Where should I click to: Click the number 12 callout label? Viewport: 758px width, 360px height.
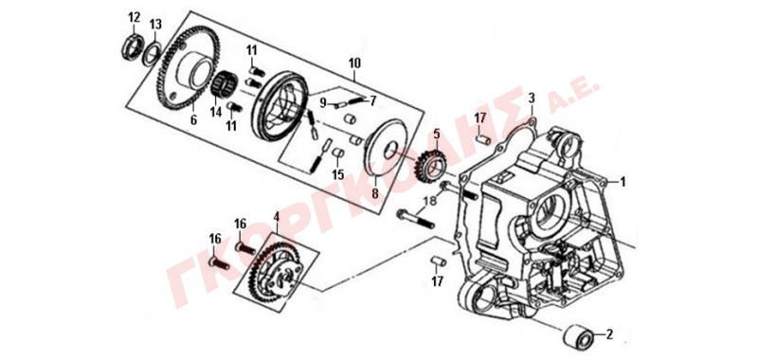pyautogui.click(x=134, y=18)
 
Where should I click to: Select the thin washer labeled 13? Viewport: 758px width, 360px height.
pyautogui.click(x=153, y=52)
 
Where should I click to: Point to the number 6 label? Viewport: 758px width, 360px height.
pyautogui.click(x=193, y=120)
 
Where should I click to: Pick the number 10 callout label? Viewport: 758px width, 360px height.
pyautogui.click(x=354, y=63)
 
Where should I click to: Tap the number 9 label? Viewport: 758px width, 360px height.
pyautogui.click(x=323, y=102)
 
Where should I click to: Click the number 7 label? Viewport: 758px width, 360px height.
pyautogui.click(x=372, y=101)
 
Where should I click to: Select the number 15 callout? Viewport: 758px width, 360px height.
pyautogui.click(x=338, y=173)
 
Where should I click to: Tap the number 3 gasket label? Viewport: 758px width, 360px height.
pyautogui.click(x=532, y=99)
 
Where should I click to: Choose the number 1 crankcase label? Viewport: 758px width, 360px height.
pyautogui.click(x=623, y=182)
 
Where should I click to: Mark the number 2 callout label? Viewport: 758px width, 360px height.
pyautogui.click(x=609, y=333)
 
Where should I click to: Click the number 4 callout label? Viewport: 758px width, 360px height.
pyautogui.click(x=276, y=218)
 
